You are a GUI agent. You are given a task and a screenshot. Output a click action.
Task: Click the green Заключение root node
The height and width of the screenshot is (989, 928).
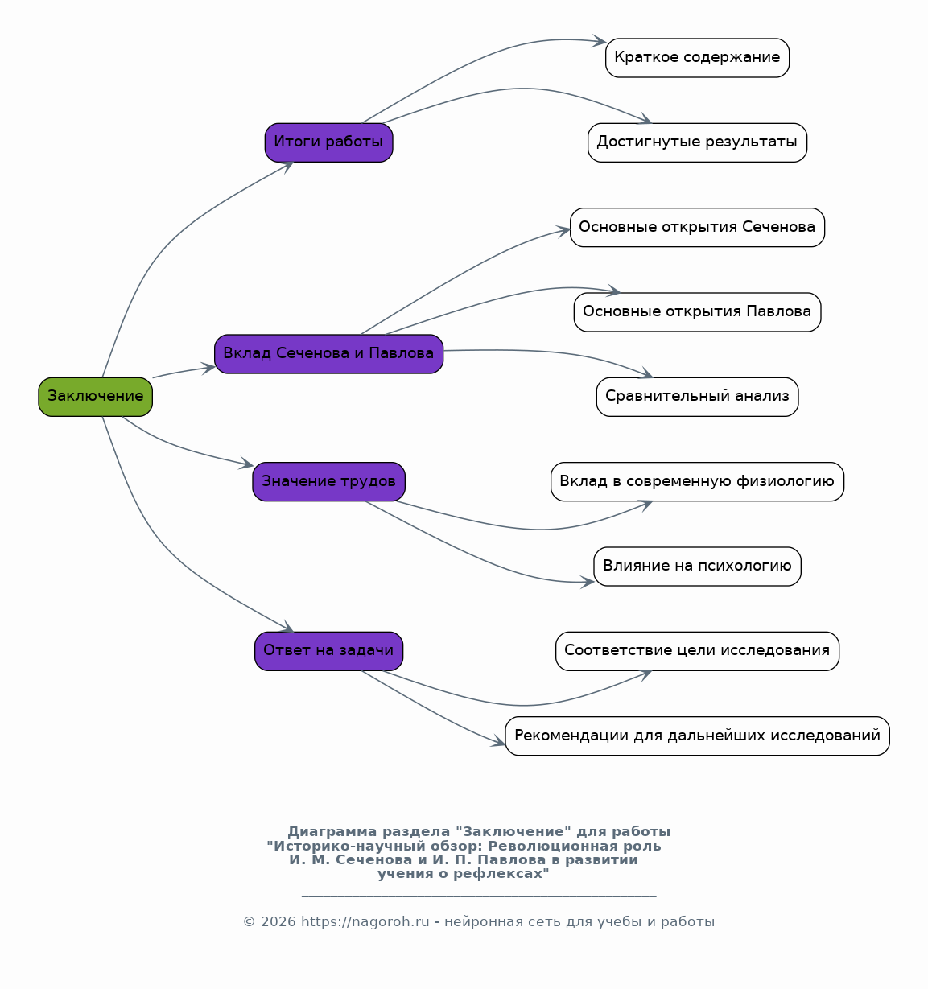pyautogui.click(x=95, y=397)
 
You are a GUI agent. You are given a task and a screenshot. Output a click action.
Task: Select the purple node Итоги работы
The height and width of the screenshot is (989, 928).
pyautogui.click(x=328, y=142)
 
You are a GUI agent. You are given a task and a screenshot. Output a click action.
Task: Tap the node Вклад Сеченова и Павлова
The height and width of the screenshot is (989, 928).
pyautogui.click(x=328, y=354)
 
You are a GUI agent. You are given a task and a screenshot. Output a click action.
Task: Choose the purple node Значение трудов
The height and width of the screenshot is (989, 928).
pyautogui.click(x=328, y=481)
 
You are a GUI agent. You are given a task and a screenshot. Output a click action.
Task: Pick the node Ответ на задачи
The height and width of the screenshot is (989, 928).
pyautogui.click(x=328, y=651)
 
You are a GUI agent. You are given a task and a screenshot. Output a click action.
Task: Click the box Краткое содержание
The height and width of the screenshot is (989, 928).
pyautogui.click(x=697, y=58)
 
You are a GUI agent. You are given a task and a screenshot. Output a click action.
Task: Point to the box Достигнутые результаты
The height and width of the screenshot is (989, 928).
pyautogui.click(x=697, y=142)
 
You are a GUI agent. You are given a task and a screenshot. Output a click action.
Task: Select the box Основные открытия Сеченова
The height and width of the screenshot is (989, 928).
pyautogui.click(x=697, y=227)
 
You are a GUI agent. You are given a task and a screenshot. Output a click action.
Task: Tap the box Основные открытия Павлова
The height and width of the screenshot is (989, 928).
pyautogui.click(x=697, y=311)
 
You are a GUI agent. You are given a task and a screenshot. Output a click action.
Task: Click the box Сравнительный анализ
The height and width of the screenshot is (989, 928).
pyautogui.click(x=697, y=397)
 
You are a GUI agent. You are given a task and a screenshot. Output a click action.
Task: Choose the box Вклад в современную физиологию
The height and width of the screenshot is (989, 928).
pyautogui.click(x=697, y=481)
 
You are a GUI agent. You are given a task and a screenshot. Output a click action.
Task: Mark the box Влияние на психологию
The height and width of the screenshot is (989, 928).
pyautogui.click(x=697, y=567)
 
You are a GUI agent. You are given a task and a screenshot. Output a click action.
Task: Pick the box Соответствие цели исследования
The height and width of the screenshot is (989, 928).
pyautogui.click(x=697, y=651)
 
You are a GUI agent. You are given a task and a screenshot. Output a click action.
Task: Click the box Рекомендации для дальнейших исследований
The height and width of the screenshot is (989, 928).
pyautogui.click(x=697, y=736)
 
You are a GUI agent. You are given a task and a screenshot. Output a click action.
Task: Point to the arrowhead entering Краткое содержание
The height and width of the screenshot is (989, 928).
pyautogui.click(x=600, y=41)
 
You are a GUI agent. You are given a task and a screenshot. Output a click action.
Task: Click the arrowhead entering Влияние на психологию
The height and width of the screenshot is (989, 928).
pyautogui.click(x=588, y=582)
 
